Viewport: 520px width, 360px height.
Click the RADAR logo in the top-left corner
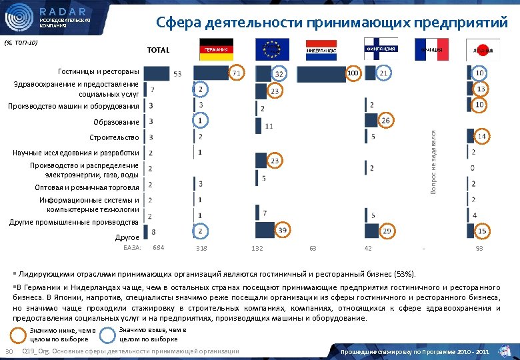(x=47, y=17)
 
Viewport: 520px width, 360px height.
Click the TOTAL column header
(x=158, y=51)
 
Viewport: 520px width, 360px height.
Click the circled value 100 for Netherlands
(x=353, y=72)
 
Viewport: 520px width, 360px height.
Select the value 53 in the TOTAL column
(x=177, y=73)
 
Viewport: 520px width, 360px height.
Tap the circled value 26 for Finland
(x=385, y=121)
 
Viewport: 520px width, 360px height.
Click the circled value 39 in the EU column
(x=283, y=229)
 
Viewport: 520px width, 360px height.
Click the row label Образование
(x=116, y=122)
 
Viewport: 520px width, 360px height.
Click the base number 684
(x=159, y=248)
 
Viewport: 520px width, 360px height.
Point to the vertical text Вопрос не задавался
(x=433, y=163)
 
